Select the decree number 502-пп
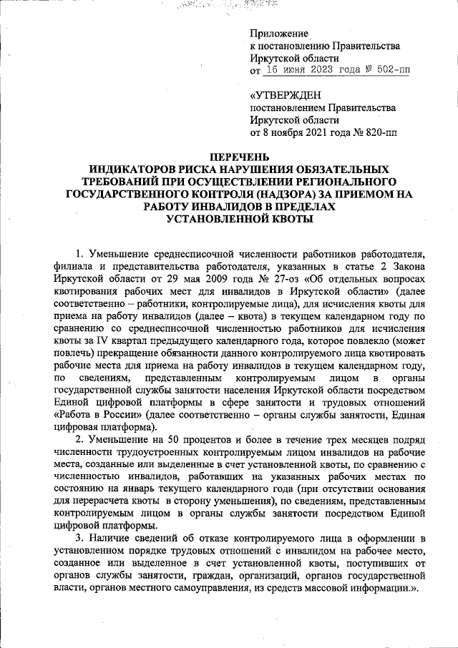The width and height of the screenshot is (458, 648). click(x=391, y=71)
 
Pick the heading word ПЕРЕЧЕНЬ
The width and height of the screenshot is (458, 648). click(x=228, y=157)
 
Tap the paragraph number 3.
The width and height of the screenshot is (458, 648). click(x=79, y=538)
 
